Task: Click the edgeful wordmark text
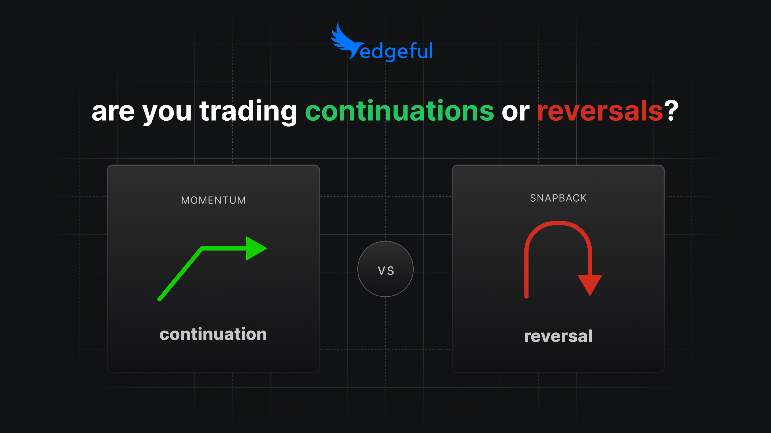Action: coord(396,51)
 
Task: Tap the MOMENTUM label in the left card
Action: coord(213,200)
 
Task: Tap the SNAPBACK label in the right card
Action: coord(558,198)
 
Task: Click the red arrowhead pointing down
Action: coord(589,284)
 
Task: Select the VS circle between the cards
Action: coord(385,269)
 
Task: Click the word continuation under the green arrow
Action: coord(213,334)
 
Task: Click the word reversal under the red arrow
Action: coord(558,336)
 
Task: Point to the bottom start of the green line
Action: coord(160,299)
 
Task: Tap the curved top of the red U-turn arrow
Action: coord(558,223)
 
